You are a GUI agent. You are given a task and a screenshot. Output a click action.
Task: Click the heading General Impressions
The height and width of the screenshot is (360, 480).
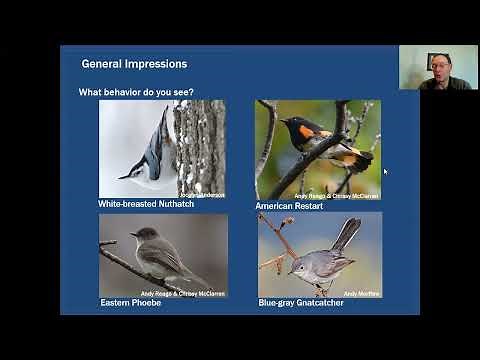coord(134,64)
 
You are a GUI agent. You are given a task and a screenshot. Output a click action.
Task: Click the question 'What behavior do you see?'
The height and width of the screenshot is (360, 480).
coord(136,92)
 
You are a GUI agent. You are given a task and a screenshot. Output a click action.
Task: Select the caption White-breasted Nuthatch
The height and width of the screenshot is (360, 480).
coord(146,204)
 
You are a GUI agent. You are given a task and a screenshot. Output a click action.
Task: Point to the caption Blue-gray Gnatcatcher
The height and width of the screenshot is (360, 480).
coord(309,302)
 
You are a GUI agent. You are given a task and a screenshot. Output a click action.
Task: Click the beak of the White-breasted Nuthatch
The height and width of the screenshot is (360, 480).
coord(122,177)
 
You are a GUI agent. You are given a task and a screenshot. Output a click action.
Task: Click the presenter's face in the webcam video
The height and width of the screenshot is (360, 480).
coord(440,70)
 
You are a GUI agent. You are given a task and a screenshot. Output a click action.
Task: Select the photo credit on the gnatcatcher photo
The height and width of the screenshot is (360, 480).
coord(362,293)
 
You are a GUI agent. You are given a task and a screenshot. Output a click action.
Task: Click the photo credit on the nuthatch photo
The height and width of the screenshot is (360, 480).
coord(202,195)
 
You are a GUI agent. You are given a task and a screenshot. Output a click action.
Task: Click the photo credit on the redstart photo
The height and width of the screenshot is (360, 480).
coord(336,196)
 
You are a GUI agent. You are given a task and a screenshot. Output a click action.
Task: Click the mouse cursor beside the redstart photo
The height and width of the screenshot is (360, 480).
coord(385,171)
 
